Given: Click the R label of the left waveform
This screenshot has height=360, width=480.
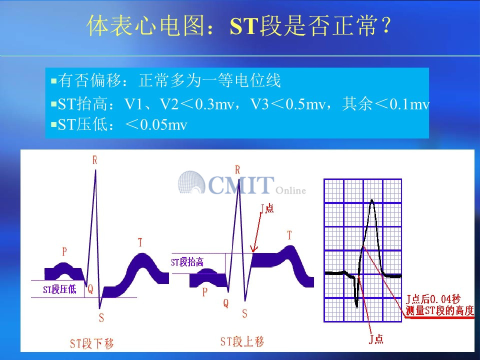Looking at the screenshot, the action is [x=95, y=160].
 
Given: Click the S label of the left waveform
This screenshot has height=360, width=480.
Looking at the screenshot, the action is [x=101, y=318].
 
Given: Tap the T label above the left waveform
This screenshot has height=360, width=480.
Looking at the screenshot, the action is [x=140, y=242].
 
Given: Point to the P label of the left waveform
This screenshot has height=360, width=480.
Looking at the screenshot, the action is [x=64, y=251].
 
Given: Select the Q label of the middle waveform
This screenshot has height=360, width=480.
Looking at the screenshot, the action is [x=226, y=303].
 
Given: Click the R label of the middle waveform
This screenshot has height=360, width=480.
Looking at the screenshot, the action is [x=237, y=170].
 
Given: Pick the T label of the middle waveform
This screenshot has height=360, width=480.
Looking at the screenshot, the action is [x=289, y=235].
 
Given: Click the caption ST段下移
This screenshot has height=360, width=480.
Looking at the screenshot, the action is [x=91, y=343].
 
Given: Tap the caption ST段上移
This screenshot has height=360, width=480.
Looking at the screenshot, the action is [x=242, y=341].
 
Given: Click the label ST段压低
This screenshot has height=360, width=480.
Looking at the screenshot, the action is [x=59, y=289].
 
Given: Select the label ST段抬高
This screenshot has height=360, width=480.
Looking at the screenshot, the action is [x=187, y=262].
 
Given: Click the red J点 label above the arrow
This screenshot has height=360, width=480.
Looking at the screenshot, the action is [x=267, y=208].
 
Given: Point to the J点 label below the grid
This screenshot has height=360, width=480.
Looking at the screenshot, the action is [x=376, y=338].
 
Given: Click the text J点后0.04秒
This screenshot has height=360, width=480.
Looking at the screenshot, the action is [x=433, y=299].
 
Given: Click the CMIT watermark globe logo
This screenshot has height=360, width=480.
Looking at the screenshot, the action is [x=191, y=182].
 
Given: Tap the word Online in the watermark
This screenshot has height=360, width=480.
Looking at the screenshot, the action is [x=291, y=190].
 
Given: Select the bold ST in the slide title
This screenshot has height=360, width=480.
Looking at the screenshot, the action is [x=244, y=26].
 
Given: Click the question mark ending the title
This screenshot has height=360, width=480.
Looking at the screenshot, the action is [x=386, y=25].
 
